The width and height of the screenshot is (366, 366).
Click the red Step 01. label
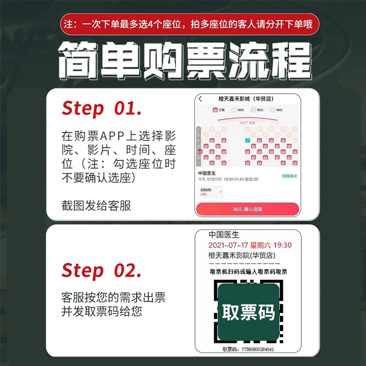coord(102,109)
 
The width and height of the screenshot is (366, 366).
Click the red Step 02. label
coord(102,270)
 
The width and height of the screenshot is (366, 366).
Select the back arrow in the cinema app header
coord(200,99)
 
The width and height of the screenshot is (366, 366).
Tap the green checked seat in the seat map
coord(247,140)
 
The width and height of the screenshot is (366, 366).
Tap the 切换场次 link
coord(289,176)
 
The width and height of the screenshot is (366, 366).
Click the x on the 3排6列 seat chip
coord(221,192)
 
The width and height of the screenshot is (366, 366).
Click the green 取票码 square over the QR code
coord(248,312)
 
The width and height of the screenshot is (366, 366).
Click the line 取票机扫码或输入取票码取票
coord(248,272)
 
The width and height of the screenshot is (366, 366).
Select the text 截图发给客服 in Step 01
coord(96,206)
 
